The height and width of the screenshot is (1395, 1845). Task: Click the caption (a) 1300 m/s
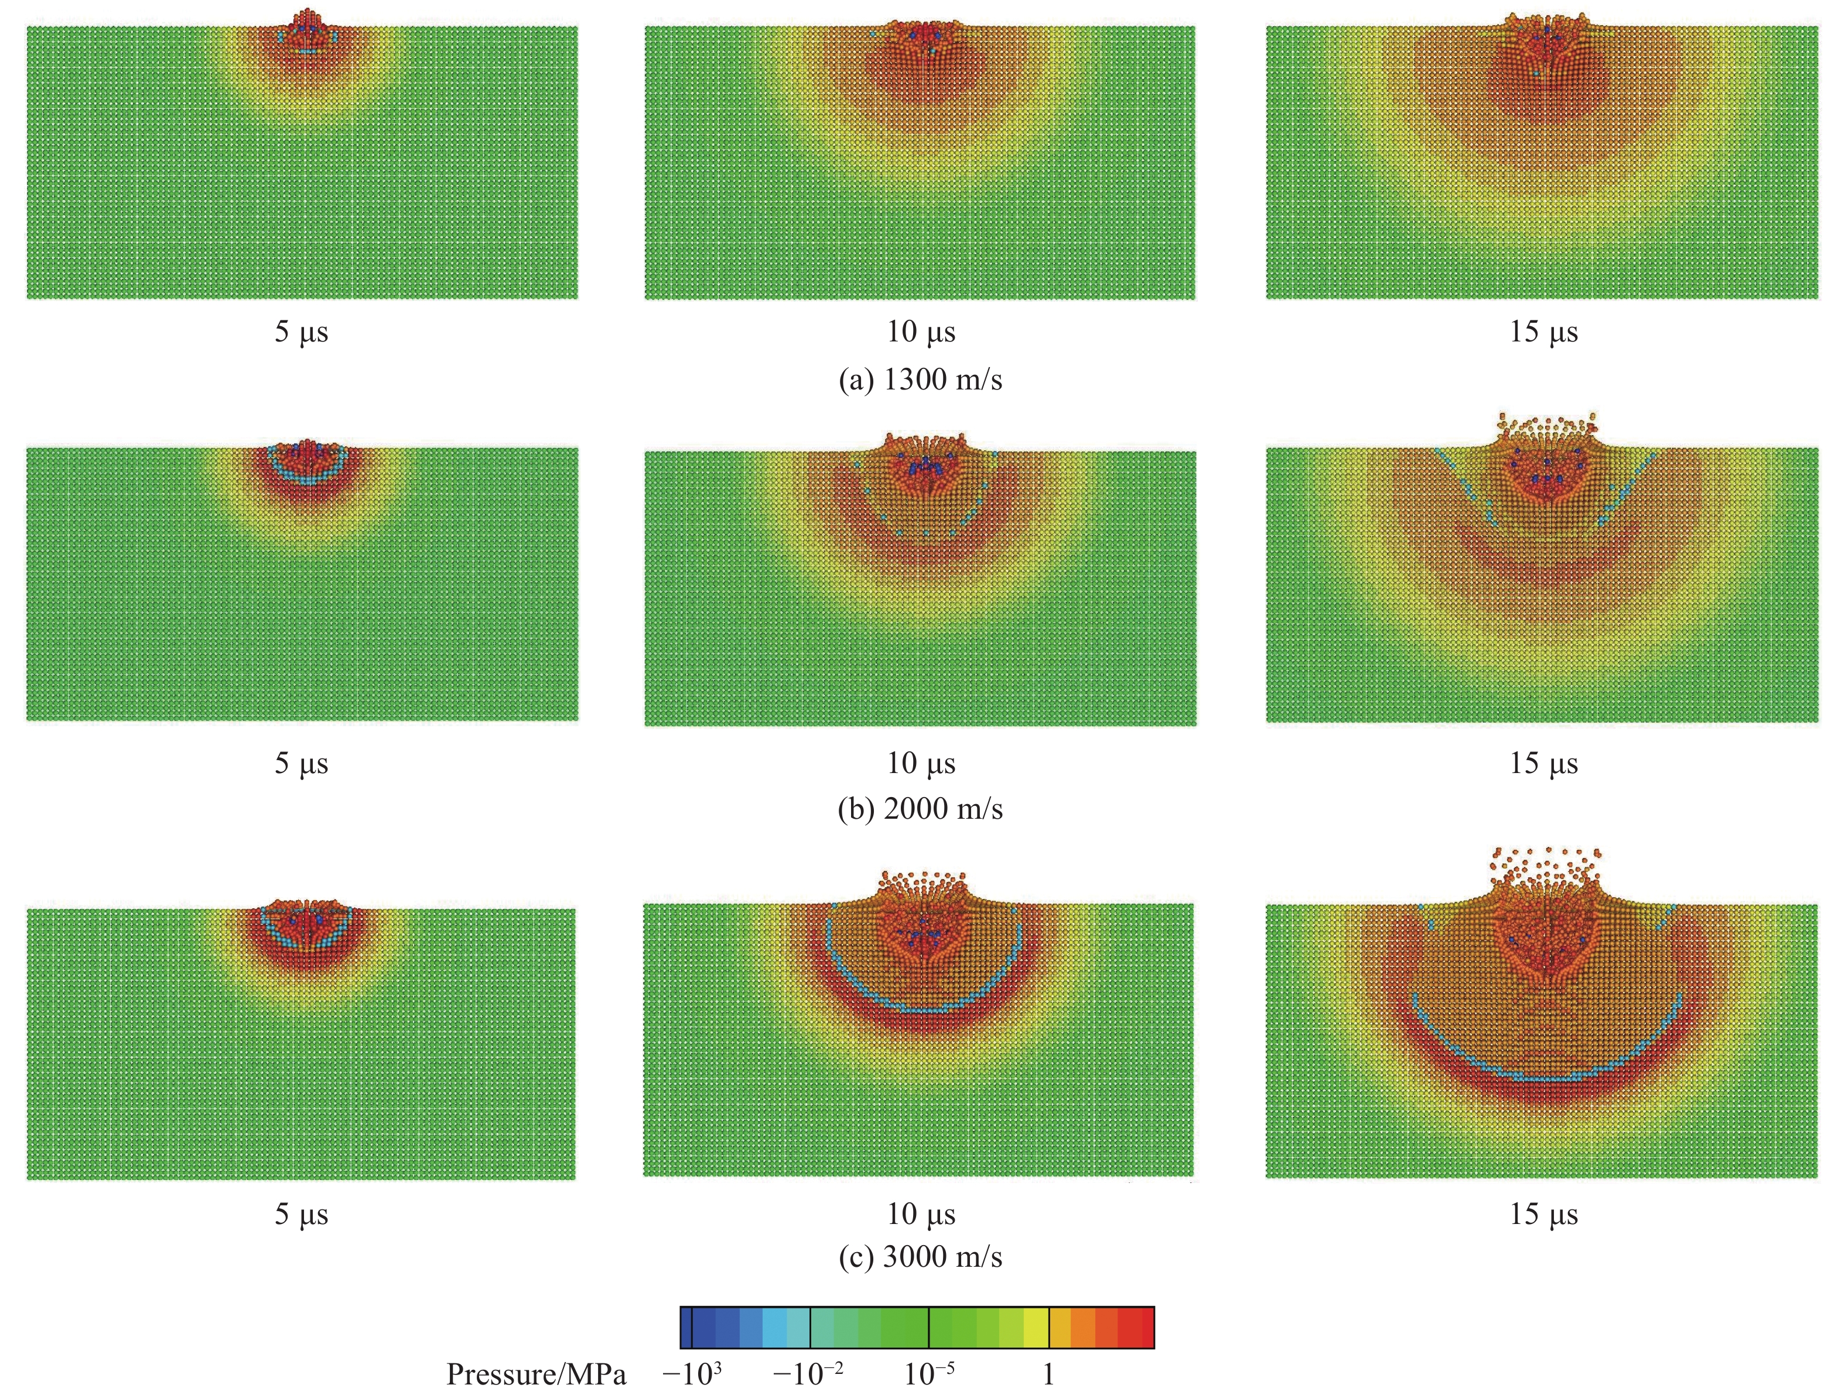pos(920,380)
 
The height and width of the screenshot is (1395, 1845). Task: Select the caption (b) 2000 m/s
pos(920,809)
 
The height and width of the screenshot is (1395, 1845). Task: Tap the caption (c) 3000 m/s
pos(920,1257)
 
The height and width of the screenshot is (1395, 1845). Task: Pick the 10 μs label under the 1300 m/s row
pos(920,332)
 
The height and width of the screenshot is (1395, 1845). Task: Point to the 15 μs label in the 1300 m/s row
pos(1543,332)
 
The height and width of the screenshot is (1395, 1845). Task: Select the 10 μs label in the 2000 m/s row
pos(920,763)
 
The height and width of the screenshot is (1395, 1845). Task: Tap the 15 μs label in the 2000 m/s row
pos(1543,763)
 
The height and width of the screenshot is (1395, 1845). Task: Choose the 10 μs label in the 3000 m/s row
pos(920,1214)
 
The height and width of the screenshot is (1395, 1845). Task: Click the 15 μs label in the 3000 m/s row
pos(1543,1214)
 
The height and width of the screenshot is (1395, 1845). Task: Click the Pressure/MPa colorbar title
pos(537,1374)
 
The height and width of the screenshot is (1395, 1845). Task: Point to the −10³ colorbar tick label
pos(692,1374)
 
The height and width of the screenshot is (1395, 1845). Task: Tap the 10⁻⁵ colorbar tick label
pos(929,1374)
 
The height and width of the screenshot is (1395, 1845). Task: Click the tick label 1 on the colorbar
pos(1048,1374)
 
